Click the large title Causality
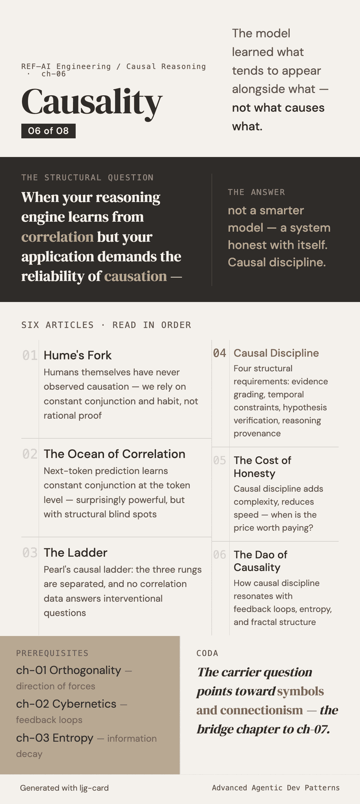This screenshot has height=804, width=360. click(x=92, y=102)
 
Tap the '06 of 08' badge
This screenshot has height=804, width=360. click(x=48, y=131)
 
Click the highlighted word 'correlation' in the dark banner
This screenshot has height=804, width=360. click(x=57, y=237)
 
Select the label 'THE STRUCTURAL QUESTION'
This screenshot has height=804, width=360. click(x=87, y=178)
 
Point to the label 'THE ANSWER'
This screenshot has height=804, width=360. click(x=256, y=192)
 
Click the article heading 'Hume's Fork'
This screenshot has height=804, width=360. click(x=77, y=355)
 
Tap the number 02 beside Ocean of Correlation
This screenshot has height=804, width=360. click(x=30, y=454)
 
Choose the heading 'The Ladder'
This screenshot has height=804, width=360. click(x=75, y=553)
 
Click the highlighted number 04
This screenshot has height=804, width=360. click(x=220, y=353)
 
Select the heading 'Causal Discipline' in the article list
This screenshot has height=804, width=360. click(x=276, y=353)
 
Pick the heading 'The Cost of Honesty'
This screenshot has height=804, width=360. click(x=262, y=467)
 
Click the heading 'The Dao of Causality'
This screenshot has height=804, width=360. click(x=260, y=561)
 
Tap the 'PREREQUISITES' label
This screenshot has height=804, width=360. click(x=52, y=653)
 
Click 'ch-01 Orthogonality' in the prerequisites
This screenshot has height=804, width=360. click(x=68, y=670)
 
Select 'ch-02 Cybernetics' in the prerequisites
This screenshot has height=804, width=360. click(x=66, y=704)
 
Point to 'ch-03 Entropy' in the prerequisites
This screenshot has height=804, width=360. click(x=55, y=738)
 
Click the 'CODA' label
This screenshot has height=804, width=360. click(x=207, y=653)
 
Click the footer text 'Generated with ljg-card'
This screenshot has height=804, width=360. click(x=64, y=788)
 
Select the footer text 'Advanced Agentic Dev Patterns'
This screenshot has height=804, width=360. click(x=276, y=788)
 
